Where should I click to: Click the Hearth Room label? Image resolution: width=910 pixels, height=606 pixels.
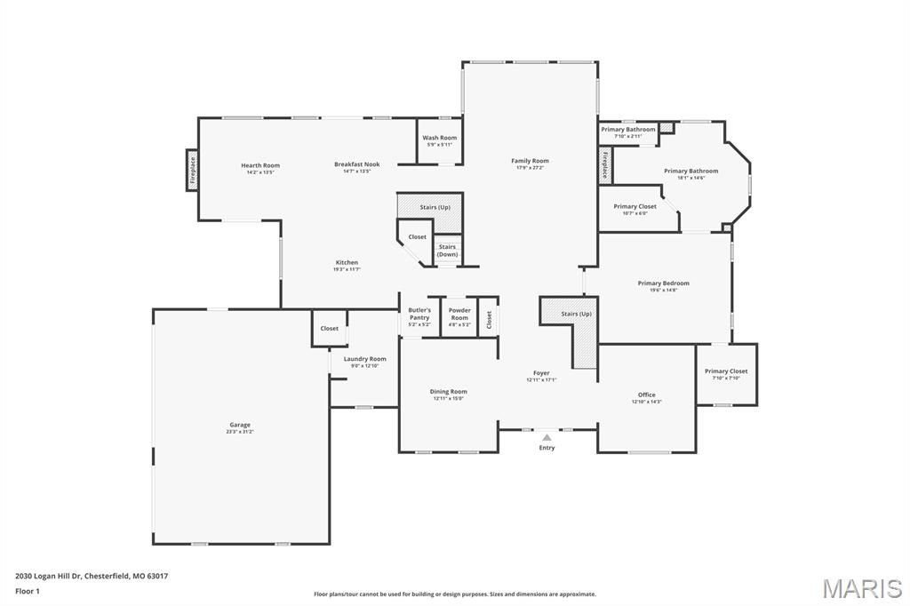coord(259,165)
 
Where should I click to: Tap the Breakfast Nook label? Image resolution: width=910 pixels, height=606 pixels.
coord(356,164)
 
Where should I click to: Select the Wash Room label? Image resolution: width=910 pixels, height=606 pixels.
coord(439,138)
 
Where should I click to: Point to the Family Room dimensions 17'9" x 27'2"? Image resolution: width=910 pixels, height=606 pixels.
coord(530,168)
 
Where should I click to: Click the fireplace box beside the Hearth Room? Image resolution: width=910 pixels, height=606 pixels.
coord(191,170)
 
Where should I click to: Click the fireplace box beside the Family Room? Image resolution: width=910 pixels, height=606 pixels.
coord(605,165)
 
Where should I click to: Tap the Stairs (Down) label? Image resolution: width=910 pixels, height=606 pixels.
coord(447,251)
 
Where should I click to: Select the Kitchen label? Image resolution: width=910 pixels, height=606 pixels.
coord(347,262)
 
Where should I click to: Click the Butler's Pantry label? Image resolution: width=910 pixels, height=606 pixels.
coord(419,314)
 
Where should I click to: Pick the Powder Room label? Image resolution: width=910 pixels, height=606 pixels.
coord(459,314)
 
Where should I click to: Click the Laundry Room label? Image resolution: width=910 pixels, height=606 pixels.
coord(364,359)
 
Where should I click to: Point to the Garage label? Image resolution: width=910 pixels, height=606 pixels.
coord(239,425)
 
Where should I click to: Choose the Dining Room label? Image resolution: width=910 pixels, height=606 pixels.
coord(448,392)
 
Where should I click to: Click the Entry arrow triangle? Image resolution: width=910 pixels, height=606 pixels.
coord(547,437)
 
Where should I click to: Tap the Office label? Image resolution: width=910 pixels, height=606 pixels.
coord(646,395)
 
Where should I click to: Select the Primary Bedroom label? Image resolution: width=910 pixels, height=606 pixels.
coord(663,283)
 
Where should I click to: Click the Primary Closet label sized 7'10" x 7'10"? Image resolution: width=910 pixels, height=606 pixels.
coord(726,371)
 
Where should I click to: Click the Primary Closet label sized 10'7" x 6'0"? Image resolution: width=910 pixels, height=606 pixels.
coord(635,206)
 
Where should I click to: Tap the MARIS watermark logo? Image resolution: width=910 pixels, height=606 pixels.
coord(861,588)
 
